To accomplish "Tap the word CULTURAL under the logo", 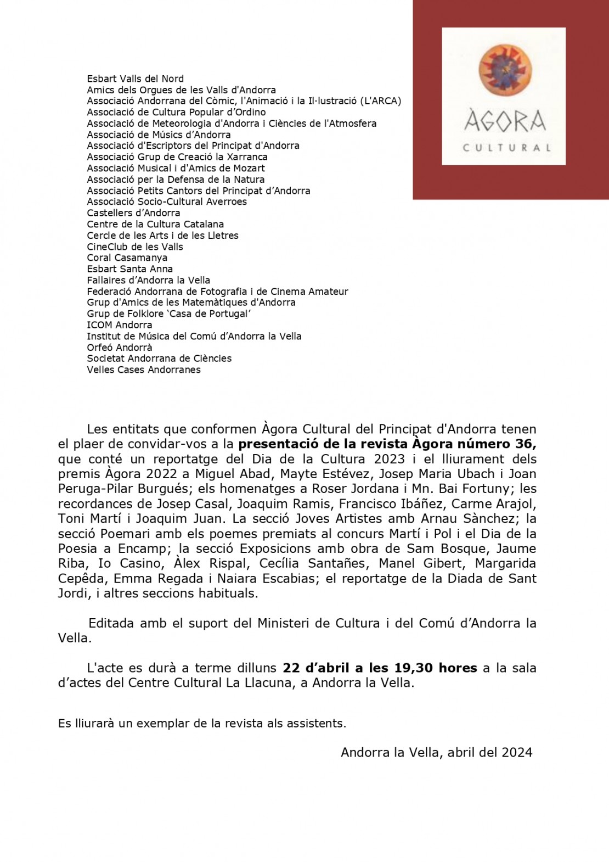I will click(x=506, y=147).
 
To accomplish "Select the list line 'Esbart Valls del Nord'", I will click(x=135, y=79).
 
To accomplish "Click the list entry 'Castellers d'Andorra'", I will click(x=133, y=213).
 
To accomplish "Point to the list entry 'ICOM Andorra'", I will click(x=120, y=325).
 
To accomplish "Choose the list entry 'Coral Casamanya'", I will click(x=127, y=258).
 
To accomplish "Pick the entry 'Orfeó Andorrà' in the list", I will click(x=120, y=347).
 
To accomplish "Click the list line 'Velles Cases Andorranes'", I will click(x=144, y=370).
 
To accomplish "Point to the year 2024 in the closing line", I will click(x=517, y=752).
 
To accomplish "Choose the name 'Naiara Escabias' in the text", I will click(x=269, y=578).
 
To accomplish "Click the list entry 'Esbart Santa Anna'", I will click(x=130, y=269).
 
